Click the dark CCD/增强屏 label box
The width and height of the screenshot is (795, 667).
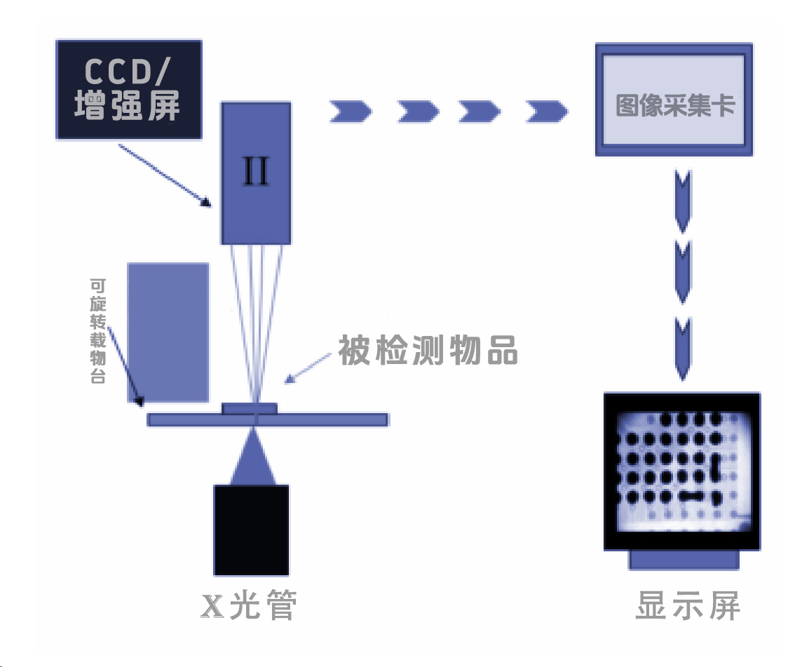[x=128, y=88]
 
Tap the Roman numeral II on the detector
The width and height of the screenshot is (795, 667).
[x=256, y=172]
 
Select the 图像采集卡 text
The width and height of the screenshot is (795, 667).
[x=675, y=105]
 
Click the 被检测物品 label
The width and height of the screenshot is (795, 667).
[x=428, y=349]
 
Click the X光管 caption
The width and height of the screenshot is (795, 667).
[x=249, y=606]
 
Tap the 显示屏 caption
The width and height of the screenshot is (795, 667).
[x=687, y=606]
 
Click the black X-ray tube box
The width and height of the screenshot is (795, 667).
[x=251, y=530]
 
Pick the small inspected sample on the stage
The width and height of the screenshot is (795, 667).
[x=250, y=407]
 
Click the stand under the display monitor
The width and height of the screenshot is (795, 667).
[x=684, y=560]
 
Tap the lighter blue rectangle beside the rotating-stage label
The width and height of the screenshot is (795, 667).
[x=168, y=332]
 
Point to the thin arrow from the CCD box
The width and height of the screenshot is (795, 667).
[x=165, y=175]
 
